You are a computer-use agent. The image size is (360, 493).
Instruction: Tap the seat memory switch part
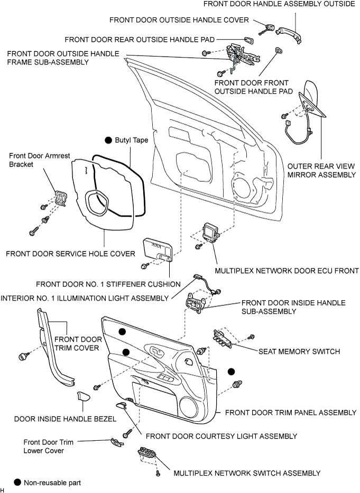point(223,339)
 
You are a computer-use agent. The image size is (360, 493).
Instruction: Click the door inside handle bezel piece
point(84,397)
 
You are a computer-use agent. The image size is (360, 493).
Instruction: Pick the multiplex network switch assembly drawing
point(147,454)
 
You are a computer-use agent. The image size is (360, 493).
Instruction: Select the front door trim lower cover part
point(116,443)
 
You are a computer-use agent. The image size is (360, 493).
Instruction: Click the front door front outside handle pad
point(279,52)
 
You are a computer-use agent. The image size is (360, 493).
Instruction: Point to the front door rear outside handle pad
point(249,40)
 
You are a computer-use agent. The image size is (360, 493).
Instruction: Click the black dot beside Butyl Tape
point(108,140)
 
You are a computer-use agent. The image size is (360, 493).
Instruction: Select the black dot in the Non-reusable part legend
point(17,482)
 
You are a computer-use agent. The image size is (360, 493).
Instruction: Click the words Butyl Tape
point(132,140)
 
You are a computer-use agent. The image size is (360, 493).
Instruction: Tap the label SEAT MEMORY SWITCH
point(299,351)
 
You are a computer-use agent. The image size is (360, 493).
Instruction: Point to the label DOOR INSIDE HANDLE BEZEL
point(66,419)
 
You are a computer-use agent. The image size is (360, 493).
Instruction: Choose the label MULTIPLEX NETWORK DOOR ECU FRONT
point(287,271)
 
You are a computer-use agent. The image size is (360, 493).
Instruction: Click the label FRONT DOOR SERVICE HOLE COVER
point(70,254)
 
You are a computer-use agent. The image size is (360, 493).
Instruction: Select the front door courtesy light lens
point(121,405)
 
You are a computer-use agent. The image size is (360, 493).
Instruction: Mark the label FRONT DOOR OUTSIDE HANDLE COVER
point(179,20)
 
